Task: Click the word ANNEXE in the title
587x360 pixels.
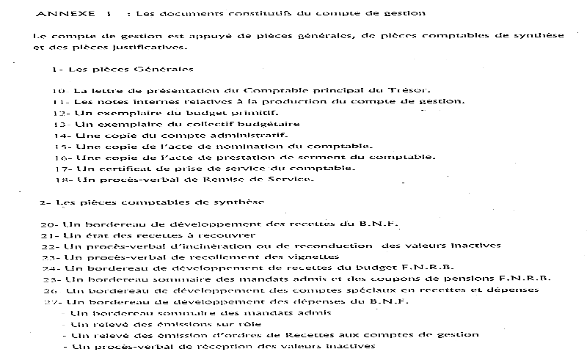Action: [x=59, y=13]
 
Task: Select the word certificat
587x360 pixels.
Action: [x=116, y=168]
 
